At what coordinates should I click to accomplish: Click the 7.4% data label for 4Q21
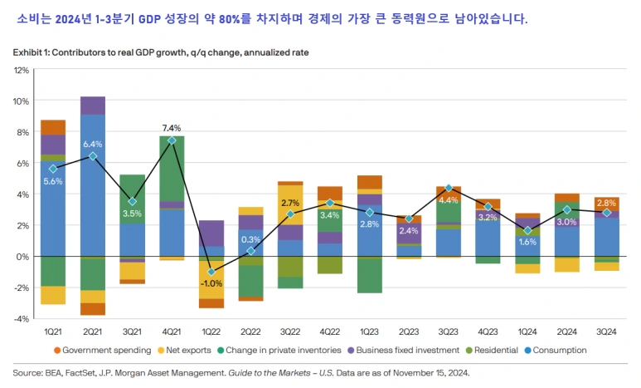[x=172, y=128]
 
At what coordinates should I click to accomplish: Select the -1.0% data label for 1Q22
[x=211, y=283]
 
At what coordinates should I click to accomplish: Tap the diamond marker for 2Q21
[x=93, y=156]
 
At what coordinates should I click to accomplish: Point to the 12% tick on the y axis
[x=22, y=70]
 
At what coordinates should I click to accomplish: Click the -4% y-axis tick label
[x=22, y=318]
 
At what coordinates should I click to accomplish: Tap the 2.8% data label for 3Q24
[x=606, y=202]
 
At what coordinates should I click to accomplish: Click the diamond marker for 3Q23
[x=449, y=189]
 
